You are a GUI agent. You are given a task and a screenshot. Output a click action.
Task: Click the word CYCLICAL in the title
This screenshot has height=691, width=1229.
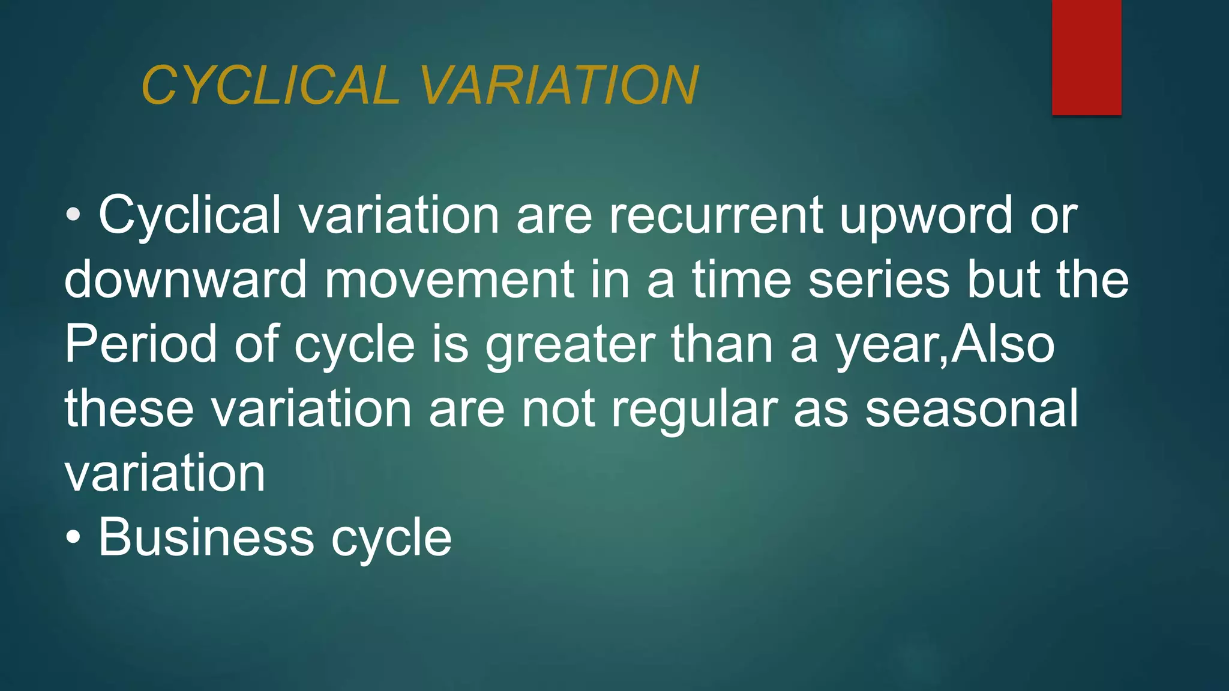point(270,85)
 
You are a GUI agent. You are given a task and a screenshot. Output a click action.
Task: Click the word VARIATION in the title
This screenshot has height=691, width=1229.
point(559,85)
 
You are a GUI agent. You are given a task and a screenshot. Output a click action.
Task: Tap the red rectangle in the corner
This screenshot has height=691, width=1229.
point(1086,57)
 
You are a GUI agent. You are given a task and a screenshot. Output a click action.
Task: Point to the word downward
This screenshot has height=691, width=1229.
point(185,280)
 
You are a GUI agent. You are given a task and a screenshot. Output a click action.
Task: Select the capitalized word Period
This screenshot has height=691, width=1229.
point(140,344)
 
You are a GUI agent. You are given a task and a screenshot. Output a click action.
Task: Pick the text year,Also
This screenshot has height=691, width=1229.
point(945,345)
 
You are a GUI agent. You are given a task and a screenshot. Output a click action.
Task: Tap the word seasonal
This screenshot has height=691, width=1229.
point(972,409)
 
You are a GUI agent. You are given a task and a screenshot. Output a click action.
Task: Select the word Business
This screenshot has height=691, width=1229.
point(206,537)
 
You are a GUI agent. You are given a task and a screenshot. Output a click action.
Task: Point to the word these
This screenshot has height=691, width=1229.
point(129,409)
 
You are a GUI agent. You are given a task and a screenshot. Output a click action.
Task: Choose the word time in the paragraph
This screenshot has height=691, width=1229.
point(742,280)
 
